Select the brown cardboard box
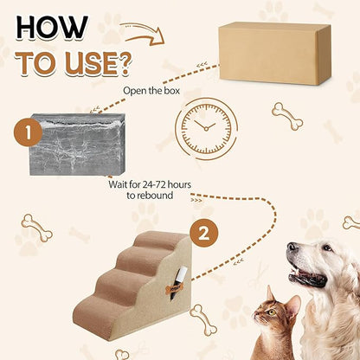click(x=274, y=53)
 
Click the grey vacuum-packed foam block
click(x=77, y=144)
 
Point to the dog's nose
click(x=292, y=252)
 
